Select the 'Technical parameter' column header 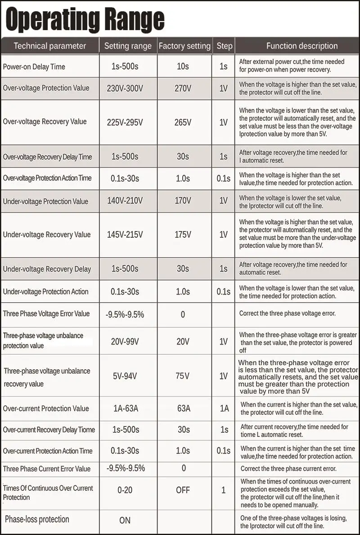(49, 45)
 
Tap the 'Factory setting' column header (184, 45)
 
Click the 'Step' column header (224, 45)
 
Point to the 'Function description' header (301, 45)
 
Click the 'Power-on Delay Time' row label (34, 67)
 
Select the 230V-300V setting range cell (125, 88)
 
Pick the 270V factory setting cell (183, 88)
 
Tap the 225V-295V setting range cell (125, 122)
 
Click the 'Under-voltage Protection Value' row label (46, 201)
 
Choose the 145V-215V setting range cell (125, 235)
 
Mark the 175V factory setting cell (183, 235)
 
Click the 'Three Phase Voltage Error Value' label (46, 313)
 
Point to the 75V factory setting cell (183, 376)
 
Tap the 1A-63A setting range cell (126, 408)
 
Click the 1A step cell (224, 408)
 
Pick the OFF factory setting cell (183, 490)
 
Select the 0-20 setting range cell (125, 490)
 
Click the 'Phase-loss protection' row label (37, 519)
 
